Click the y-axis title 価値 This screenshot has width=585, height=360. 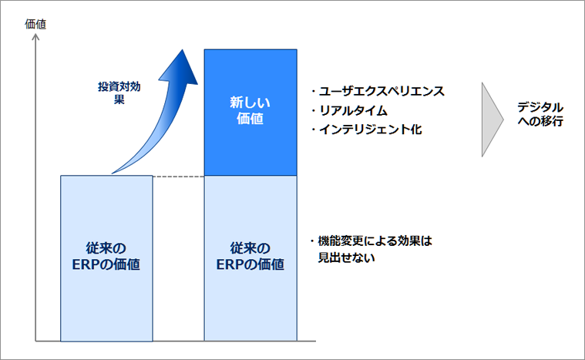tap(35, 24)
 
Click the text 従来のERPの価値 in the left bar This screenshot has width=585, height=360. tap(106, 257)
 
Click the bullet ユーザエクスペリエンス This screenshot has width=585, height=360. tap(377, 91)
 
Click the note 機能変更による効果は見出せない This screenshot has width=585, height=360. tap(369, 249)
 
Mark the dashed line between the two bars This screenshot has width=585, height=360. tap(177, 176)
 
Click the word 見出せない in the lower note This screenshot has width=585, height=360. tap(346, 257)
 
